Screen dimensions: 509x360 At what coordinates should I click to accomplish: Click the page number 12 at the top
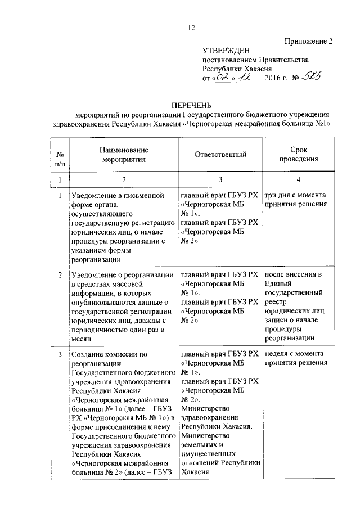coord(191,29)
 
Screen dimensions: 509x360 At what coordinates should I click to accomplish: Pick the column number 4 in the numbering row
coord(298,179)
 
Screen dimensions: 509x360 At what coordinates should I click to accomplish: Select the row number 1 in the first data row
coord(60,195)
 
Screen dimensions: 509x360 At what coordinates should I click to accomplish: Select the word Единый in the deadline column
coord(277,284)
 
